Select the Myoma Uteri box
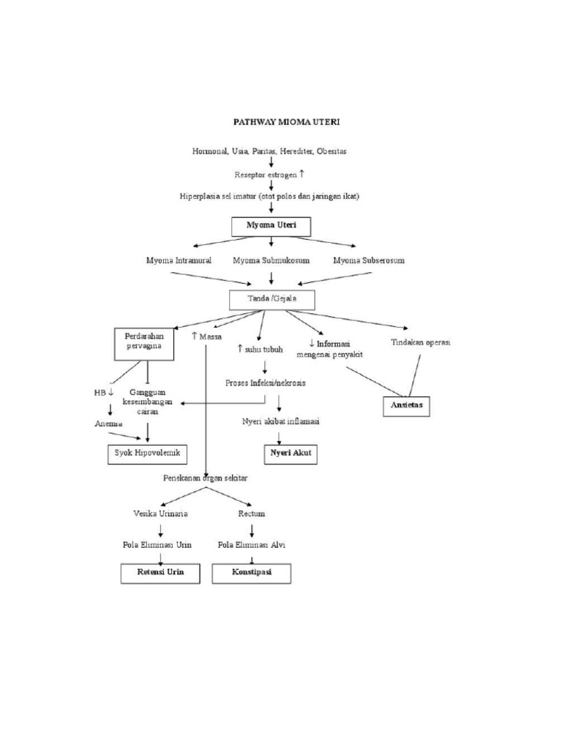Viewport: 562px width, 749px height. (271, 227)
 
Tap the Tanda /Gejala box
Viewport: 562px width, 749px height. (272, 299)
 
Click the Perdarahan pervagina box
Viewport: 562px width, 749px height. (144, 344)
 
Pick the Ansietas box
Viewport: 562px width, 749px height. (406, 405)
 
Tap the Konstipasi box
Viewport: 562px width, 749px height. (251, 573)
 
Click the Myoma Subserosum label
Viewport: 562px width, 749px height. (369, 260)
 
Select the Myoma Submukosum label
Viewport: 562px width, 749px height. (271, 260)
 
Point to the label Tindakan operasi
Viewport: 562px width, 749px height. (421, 342)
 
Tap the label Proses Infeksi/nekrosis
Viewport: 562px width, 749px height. (265, 383)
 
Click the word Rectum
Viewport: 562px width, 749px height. (251, 513)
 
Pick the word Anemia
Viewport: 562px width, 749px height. (108, 424)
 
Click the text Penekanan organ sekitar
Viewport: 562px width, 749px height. (206, 478)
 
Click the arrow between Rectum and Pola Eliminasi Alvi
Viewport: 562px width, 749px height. (251, 530)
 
